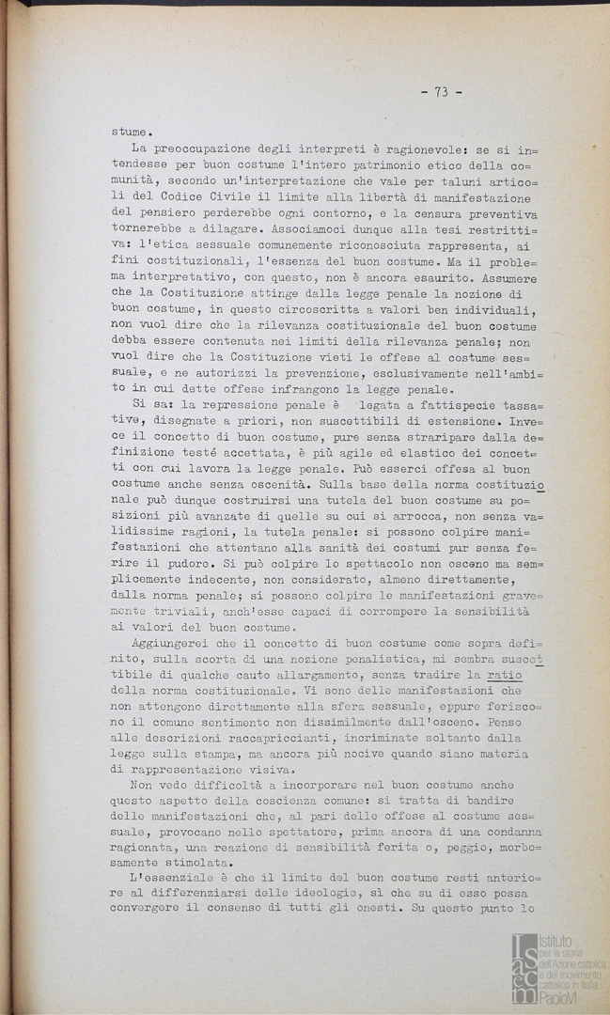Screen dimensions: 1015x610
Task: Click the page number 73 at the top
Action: coord(441,91)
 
